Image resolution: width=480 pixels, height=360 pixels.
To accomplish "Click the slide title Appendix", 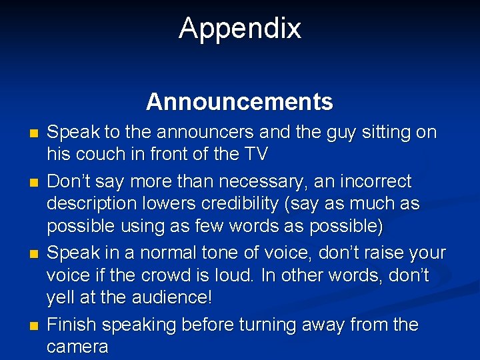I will coord(239,29).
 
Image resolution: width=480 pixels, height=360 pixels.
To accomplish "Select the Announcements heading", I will coord(239,102).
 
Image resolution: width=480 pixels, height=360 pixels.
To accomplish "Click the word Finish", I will coord(73,325).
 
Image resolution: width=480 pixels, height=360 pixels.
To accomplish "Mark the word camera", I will coord(77,347).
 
